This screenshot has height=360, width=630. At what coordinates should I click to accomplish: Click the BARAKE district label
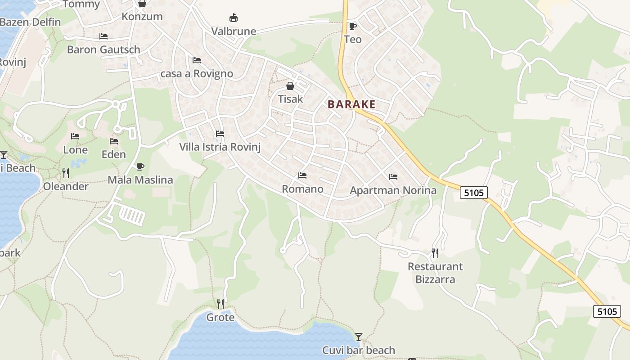[x=351, y=104]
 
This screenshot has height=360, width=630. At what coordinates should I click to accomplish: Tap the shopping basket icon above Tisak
[x=290, y=85]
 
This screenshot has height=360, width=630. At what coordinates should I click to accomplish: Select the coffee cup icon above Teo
[x=352, y=26]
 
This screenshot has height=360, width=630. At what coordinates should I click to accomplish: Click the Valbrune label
[x=234, y=31]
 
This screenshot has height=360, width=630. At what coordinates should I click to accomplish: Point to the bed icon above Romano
[x=302, y=175]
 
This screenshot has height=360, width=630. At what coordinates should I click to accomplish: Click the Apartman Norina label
[x=393, y=190]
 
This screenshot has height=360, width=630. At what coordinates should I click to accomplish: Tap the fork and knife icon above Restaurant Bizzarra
[x=435, y=253]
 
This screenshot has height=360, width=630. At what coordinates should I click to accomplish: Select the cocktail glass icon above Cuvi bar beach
[x=358, y=337]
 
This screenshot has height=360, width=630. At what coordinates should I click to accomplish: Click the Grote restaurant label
[x=220, y=318]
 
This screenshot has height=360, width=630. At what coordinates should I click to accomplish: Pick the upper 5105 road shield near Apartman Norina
[x=474, y=193]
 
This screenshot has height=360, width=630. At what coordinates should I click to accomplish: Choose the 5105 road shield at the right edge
[x=607, y=311]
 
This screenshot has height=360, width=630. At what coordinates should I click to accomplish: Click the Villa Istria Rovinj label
[x=220, y=147]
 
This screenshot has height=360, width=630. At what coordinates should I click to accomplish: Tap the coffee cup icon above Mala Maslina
[x=140, y=166]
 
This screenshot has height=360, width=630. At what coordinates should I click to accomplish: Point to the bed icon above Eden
[x=114, y=141]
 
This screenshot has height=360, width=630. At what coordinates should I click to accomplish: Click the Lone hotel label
[x=75, y=150]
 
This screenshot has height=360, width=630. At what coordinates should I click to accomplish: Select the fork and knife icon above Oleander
[x=66, y=173]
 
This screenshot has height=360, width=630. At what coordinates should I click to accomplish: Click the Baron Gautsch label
[x=103, y=49]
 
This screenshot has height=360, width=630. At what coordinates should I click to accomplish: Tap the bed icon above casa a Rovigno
[x=197, y=60]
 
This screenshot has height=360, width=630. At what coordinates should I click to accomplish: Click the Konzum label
[x=142, y=17]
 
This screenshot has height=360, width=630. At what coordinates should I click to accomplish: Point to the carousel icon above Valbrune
[x=233, y=18]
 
